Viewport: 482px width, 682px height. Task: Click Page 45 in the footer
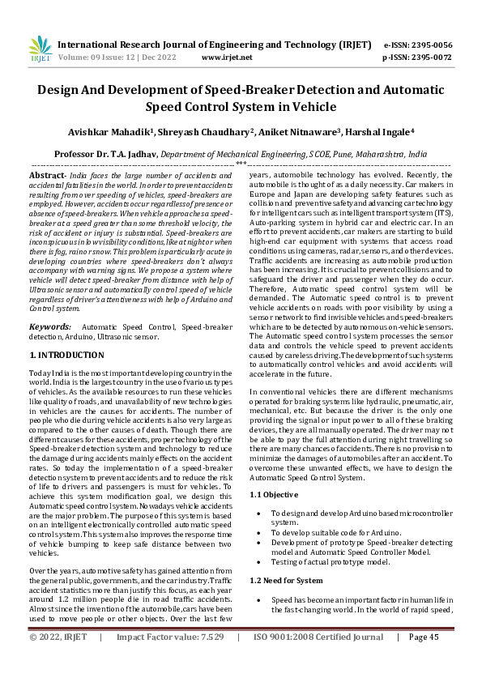coord(424,660)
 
